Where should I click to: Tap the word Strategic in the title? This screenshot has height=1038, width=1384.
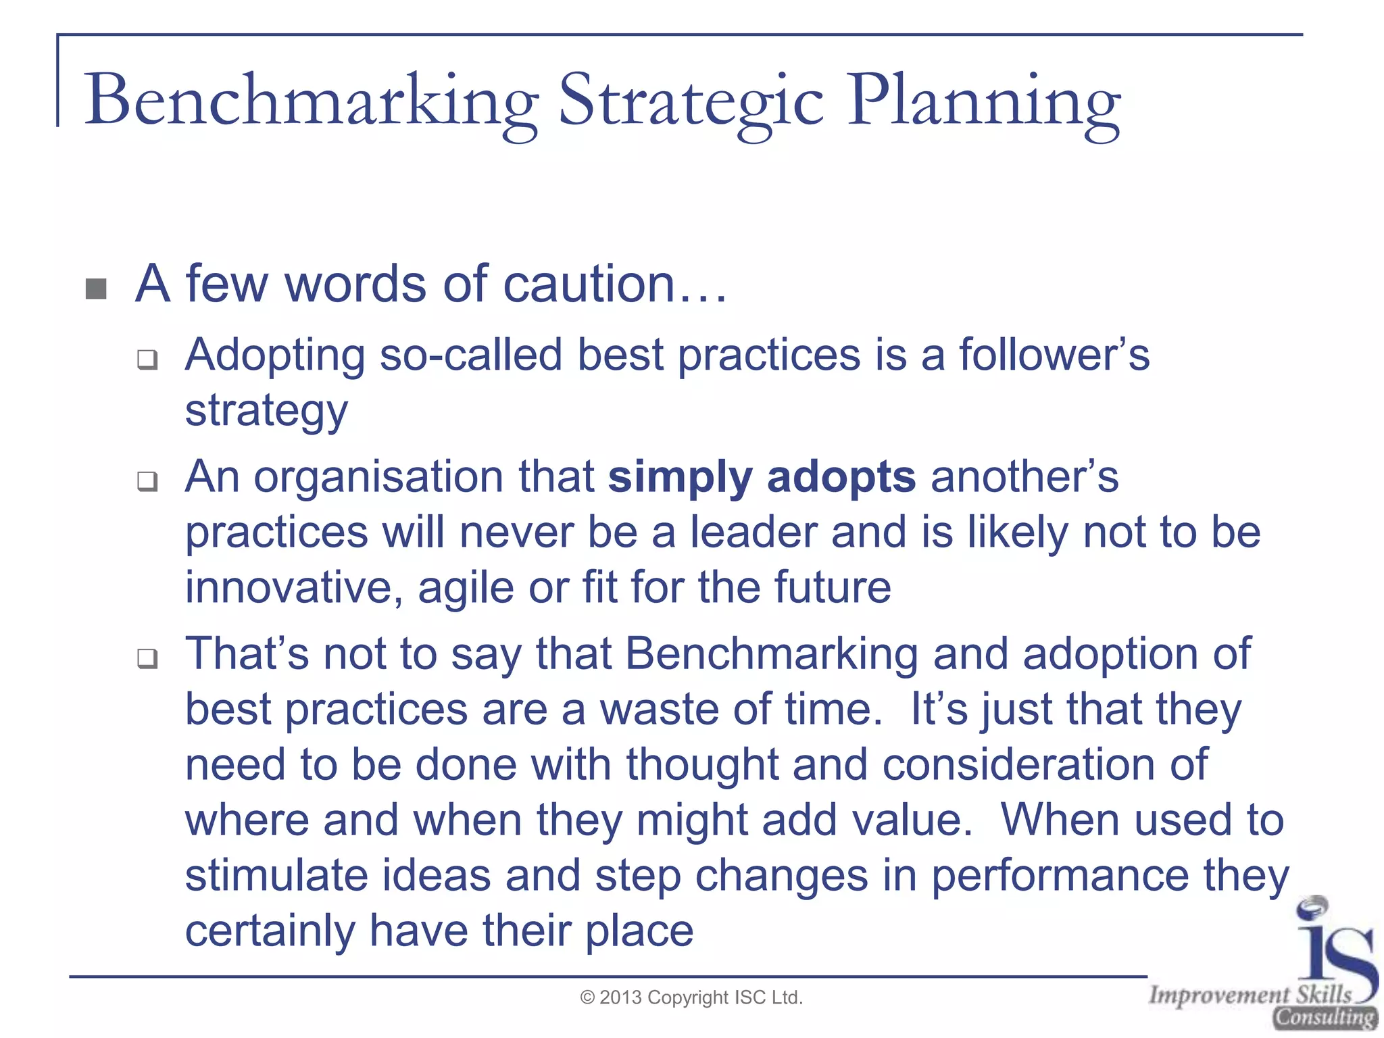[691, 101]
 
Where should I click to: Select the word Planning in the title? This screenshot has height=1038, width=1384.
[983, 101]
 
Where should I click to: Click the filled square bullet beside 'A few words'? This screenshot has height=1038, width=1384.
[97, 289]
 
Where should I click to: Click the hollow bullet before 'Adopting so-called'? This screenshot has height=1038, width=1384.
[147, 359]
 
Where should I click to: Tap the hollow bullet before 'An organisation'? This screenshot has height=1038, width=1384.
[147, 481]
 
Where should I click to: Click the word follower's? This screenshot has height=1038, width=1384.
[1054, 355]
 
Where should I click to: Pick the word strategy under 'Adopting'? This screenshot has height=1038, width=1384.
[266, 411]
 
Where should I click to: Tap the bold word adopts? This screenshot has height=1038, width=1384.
[841, 477]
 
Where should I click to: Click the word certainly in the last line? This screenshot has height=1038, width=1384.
[270, 931]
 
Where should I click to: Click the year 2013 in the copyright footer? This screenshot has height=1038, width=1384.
[620, 998]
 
